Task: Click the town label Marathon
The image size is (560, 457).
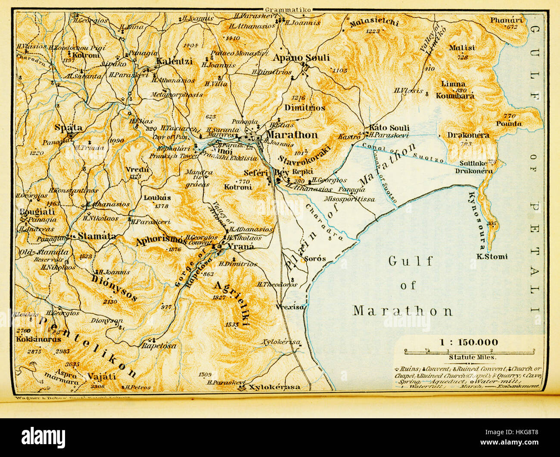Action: (292, 135)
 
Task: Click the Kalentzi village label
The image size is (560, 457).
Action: (174, 61)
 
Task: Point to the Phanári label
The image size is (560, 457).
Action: (506, 20)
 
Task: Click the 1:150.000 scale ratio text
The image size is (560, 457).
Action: (469, 343)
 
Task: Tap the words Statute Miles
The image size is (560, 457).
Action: (473, 357)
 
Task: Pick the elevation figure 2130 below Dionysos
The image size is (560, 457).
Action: (110, 302)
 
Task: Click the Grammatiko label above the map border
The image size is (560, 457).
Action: (288, 9)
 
